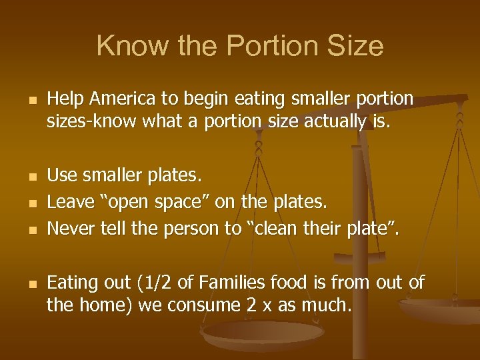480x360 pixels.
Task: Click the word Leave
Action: [67, 199]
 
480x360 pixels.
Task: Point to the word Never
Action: [67, 229]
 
